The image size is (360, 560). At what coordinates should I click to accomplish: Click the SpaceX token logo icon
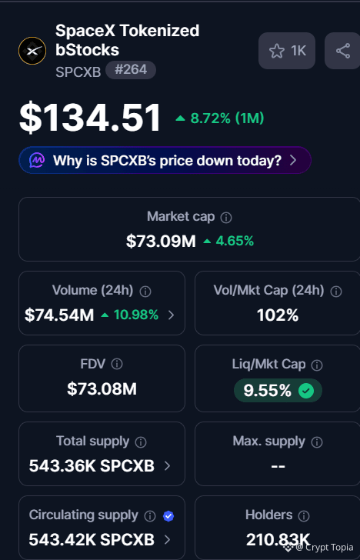click(x=32, y=51)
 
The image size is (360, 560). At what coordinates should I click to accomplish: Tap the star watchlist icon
click(x=277, y=51)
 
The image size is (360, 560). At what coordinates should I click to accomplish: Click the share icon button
click(x=342, y=51)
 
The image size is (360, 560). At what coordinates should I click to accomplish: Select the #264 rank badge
click(x=131, y=70)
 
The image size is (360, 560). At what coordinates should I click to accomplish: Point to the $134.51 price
click(x=90, y=118)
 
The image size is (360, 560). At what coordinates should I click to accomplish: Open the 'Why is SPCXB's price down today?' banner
click(x=165, y=160)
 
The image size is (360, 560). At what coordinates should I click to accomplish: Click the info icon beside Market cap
click(x=225, y=218)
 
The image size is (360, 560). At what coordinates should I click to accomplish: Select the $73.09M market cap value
click(x=161, y=241)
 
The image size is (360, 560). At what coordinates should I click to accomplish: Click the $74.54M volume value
click(x=59, y=315)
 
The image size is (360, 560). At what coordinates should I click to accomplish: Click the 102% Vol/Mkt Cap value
click(x=278, y=315)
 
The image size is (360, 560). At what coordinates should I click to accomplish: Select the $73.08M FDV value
click(x=102, y=389)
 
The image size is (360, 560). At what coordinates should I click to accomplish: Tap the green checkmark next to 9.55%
click(x=306, y=391)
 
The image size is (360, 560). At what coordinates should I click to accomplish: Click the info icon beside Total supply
click(x=141, y=442)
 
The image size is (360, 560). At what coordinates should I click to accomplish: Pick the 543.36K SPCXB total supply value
click(x=92, y=465)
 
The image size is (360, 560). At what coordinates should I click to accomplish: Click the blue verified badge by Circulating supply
click(x=168, y=516)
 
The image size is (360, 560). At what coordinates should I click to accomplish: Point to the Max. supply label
click(x=269, y=442)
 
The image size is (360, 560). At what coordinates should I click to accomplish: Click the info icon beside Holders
click(x=304, y=515)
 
